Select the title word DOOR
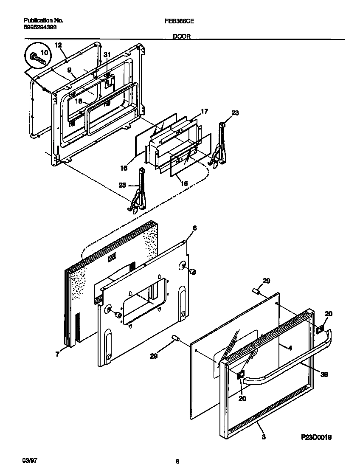(x=181, y=37)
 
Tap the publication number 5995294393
(x=39, y=27)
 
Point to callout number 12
(x=58, y=45)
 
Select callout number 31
(x=107, y=55)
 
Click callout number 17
(x=204, y=112)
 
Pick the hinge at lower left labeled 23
(x=138, y=191)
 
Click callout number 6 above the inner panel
(x=194, y=228)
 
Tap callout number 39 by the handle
(x=324, y=374)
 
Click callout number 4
(x=290, y=348)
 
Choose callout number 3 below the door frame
(x=264, y=437)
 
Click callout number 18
(x=79, y=101)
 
